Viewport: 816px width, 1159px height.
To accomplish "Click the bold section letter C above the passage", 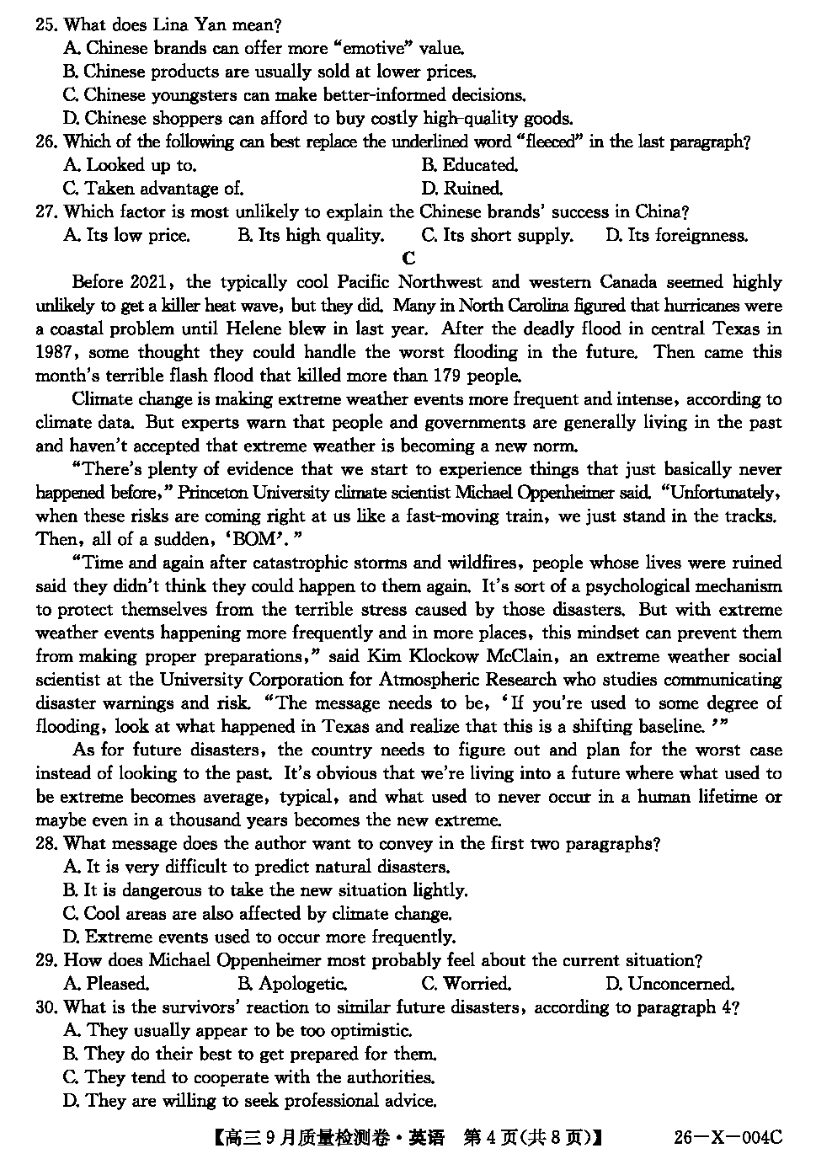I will point(409,259).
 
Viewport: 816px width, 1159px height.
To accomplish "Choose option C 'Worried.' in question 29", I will point(466,984).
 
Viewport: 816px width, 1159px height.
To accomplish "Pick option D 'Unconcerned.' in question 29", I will point(669,984).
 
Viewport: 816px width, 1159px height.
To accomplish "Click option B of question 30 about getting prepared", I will point(250,1054).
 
